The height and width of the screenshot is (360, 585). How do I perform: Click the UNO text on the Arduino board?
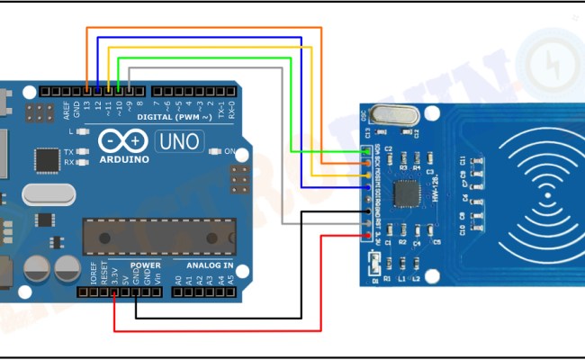[x=180, y=141]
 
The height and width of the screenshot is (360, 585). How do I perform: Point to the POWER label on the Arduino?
[x=145, y=265]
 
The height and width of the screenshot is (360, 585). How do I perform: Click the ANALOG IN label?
[x=209, y=265]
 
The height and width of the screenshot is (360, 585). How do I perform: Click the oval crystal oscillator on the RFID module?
[x=389, y=114]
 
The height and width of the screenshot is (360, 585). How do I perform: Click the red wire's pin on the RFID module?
[x=369, y=237]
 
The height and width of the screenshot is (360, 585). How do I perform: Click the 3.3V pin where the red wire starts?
[x=114, y=292]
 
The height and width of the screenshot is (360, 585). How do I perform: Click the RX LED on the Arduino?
[x=82, y=163]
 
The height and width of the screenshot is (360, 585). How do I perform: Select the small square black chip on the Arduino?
[x=47, y=159]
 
